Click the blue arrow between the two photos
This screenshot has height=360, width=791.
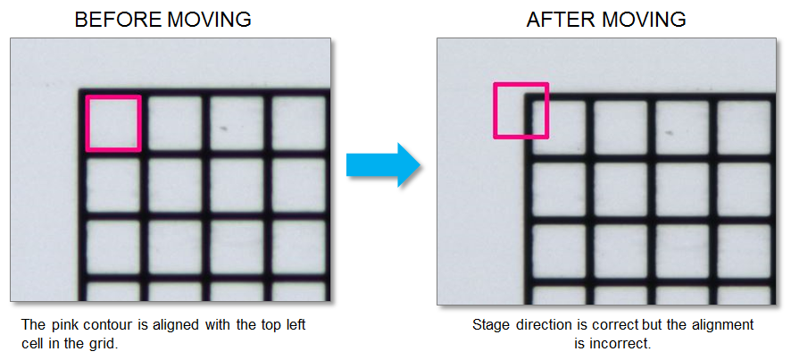click(x=382, y=164)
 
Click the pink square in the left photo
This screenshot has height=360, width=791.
click(x=113, y=123)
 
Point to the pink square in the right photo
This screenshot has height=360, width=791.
click(x=520, y=111)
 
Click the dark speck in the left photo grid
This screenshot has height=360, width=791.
click(x=223, y=128)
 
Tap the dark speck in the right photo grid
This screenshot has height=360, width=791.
click(x=670, y=133)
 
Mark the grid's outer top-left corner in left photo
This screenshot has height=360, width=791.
click(x=80, y=91)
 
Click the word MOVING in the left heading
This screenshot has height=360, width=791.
click(x=209, y=19)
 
